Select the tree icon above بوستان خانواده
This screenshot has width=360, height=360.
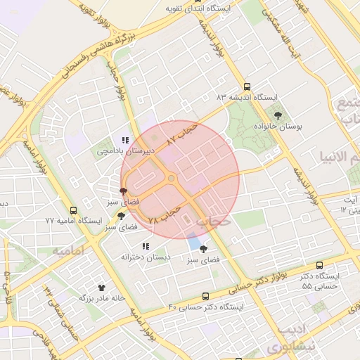(279, 114)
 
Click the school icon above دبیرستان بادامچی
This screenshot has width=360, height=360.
(125, 140)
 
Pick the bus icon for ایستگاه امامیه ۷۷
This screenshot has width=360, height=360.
(74, 210)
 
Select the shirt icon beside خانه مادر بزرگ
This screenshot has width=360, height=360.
(101, 288)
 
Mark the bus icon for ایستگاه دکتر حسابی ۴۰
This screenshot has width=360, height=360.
(205, 296)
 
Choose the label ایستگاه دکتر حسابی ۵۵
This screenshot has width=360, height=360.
(320, 281)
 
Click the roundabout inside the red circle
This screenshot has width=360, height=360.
(171, 179)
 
